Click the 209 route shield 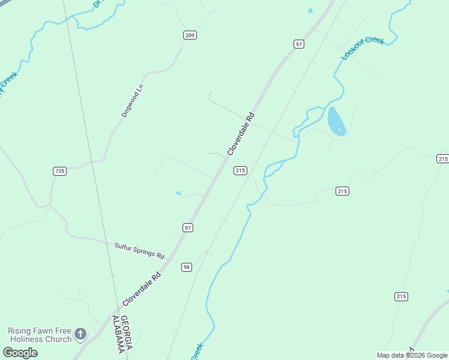pyautogui.click(x=190, y=35)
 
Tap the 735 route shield pyautogui.click(x=59, y=171)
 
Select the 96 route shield pyautogui.click(x=187, y=267)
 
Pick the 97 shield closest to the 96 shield pyautogui.click(x=188, y=227)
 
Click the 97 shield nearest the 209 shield pyautogui.click(x=299, y=44)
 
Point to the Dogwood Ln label pyautogui.click(x=133, y=100)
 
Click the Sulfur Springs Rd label pyautogui.click(x=139, y=250)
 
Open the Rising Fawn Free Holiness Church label pyautogui.click(x=40, y=335)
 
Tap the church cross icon pyautogui.click(x=80, y=334)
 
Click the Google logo pyautogui.click(x=20, y=352)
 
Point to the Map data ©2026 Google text pyautogui.click(x=411, y=355)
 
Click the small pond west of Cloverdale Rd pyautogui.click(x=178, y=193)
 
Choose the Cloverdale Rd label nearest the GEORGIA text pyautogui.click(x=142, y=289)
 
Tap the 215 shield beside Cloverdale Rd pyautogui.click(x=240, y=171)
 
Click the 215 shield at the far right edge pyautogui.click(x=442, y=158)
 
